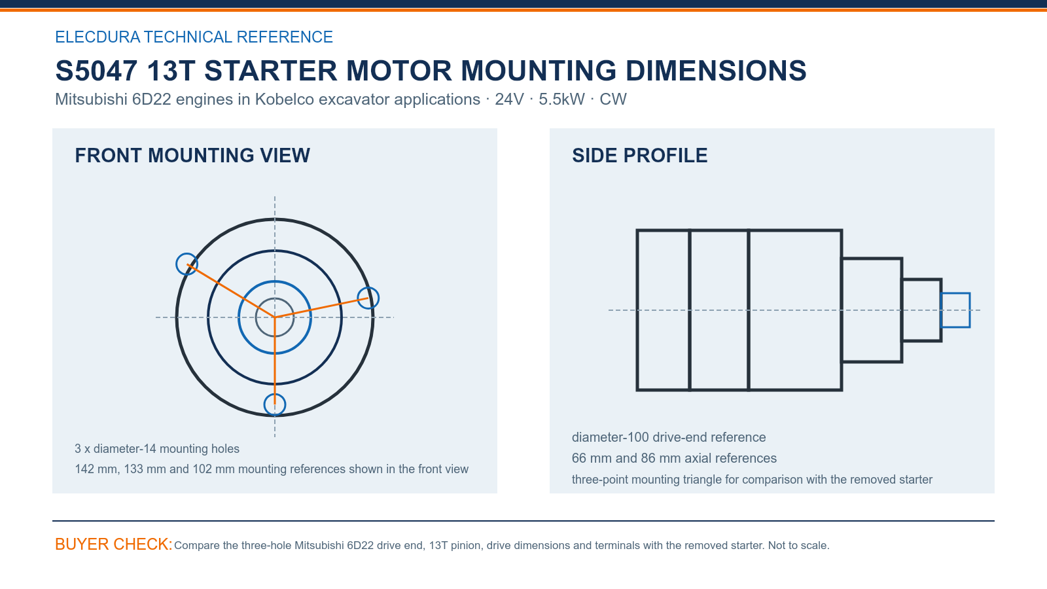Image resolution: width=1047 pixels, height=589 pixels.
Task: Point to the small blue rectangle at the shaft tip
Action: (x=955, y=294)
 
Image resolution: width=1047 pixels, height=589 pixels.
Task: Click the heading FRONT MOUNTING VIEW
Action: (x=192, y=156)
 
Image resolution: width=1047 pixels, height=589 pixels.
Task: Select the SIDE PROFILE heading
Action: (x=639, y=156)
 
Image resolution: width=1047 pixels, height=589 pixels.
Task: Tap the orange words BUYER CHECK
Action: (x=114, y=544)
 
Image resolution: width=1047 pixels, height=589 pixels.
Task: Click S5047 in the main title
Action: (x=96, y=71)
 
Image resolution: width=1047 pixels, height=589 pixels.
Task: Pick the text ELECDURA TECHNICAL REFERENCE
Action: (x=194, y=37)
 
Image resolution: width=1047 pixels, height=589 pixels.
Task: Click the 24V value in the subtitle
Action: (x=509, y=99)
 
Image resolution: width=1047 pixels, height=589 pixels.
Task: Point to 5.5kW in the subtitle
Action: (x=561, y=99)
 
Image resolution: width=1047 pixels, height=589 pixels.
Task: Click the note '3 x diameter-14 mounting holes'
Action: (x=157, y=449)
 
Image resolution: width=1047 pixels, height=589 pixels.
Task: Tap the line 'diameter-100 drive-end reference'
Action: (x=669, y=437)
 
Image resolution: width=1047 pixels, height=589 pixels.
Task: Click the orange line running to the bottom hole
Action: (x=275, y=361)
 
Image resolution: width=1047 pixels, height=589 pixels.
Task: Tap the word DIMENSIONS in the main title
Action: (x=716, y=71)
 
